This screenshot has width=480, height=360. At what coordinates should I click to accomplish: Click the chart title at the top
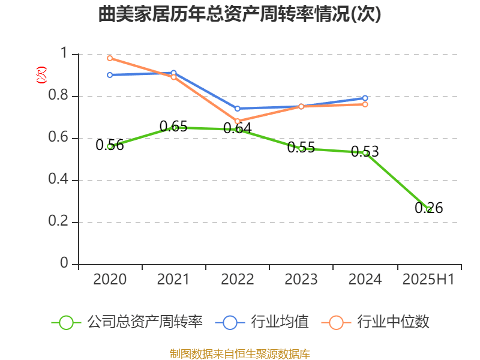pos(240,14)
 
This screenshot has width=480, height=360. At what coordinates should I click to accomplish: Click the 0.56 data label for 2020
pos(110,145)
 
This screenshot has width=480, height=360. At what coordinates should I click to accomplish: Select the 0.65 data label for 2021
pos(173,127)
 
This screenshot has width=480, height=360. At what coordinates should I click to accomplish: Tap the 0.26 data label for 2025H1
pos(429,208)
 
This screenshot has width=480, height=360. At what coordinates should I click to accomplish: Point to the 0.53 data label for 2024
pos(365,151)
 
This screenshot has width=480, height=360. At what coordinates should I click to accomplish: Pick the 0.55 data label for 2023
pos(301,148)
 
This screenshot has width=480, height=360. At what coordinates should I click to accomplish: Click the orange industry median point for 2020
pos(110,58)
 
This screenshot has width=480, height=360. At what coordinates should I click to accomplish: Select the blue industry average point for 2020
pos(110,75)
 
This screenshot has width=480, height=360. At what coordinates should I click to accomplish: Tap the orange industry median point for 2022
pos(238,121)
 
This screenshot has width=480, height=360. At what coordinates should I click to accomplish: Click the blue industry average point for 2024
pos(365,98)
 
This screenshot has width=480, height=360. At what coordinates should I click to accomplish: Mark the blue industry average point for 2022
pos(238,109)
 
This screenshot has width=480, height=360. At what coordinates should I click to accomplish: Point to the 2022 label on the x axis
pos(238,280)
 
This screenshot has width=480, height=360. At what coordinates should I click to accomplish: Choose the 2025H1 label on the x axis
pos(429,280)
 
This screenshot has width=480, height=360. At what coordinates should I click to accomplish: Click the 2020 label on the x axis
pos(110,280)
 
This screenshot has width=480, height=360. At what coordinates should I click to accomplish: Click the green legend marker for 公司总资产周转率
pos(66,322)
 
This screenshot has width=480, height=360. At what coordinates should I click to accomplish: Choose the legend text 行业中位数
pos(393,322)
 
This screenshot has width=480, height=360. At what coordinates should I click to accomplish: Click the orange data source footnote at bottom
pos(240,353)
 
